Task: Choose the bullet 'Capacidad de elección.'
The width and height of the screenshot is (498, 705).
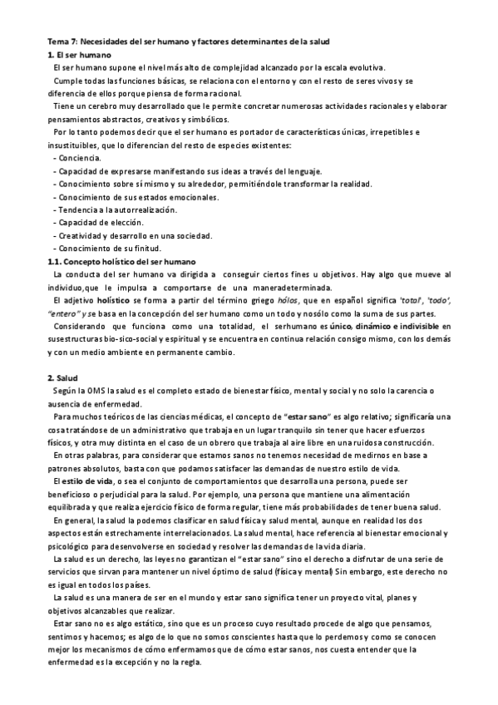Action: (101, 222)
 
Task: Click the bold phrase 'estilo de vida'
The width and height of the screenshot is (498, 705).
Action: (85, 482)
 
